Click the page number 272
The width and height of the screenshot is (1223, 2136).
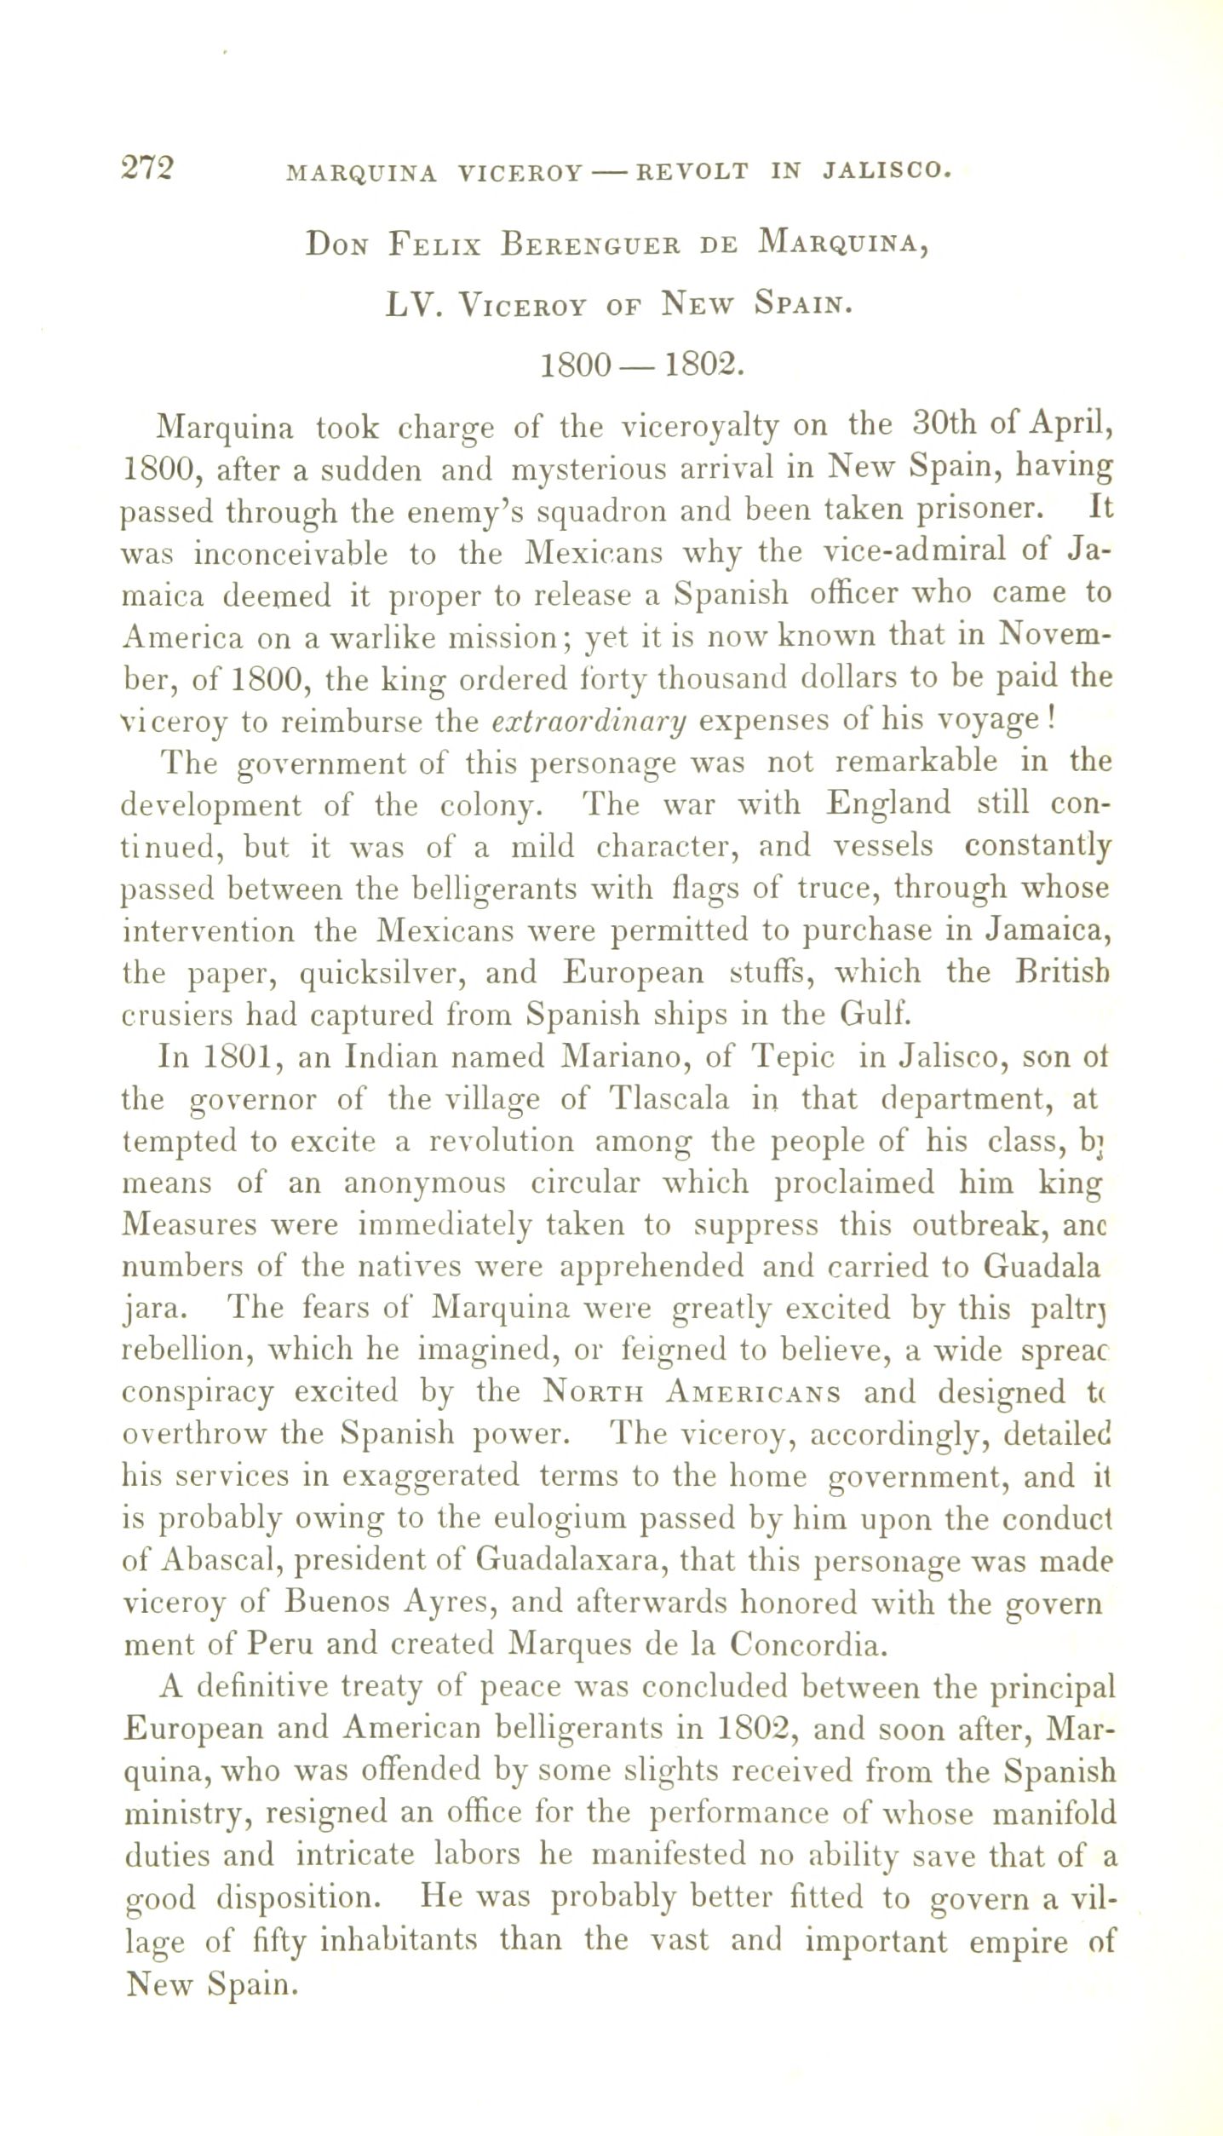click(147, 167)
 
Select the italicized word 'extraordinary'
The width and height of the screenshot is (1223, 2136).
click(589, 721)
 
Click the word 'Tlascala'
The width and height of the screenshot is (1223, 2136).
click(670, 1099)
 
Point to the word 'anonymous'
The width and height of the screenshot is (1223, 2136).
click(424, 1183)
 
